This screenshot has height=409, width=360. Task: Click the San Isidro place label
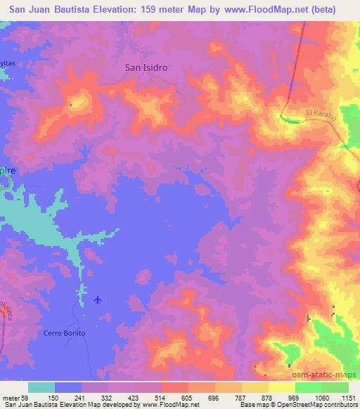(146, 68)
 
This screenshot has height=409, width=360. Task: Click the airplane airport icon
(98, 300)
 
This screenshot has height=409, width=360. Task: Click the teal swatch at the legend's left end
(41, 387)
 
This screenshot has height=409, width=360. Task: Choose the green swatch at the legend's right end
(335, 387)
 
